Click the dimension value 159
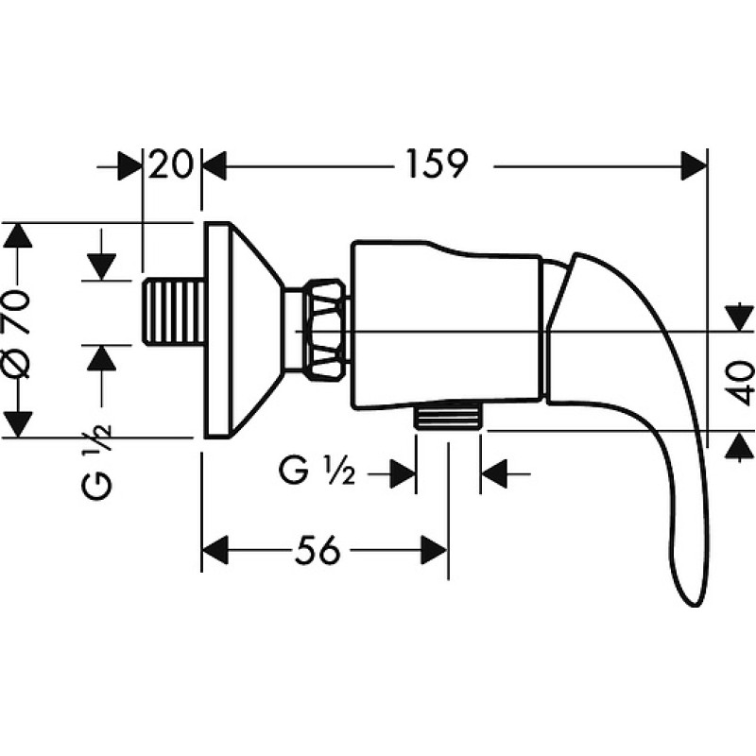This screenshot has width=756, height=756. [437, 163]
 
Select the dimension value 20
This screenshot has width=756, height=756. [170, 163]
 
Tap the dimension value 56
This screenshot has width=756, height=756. [317, 550]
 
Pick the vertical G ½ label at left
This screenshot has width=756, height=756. [96, 461]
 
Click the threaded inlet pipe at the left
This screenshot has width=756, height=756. [174, 313]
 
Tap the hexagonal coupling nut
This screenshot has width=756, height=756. [327, 328]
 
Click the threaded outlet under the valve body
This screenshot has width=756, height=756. [448, 415]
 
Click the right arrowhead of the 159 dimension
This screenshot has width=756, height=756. [695, 166]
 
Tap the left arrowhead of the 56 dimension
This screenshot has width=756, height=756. [215, 550]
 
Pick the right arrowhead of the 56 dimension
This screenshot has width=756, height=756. [435, 550]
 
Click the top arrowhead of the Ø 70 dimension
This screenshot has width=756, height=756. [18, 235]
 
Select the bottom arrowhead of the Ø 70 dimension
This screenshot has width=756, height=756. [18, 424]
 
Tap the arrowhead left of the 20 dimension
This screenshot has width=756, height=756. [130, 166]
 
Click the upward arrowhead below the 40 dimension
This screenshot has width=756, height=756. [739, 445]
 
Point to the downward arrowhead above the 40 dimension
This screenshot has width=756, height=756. [739, 318]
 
